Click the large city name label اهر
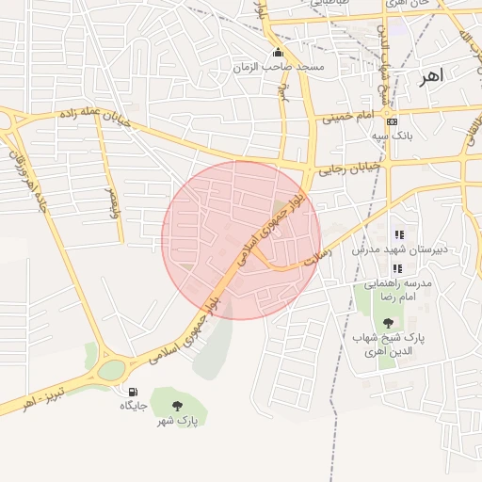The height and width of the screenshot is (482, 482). coord(431,73)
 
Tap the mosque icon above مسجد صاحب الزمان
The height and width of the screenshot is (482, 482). coord(278,52)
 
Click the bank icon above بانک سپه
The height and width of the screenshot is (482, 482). coord(392,121)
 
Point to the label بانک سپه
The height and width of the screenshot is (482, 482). coord(392,137)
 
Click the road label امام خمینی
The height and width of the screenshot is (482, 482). coord(348,118)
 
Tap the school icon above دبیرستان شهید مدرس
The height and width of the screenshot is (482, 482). coord(398,234)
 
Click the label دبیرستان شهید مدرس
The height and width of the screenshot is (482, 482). coord(391,249)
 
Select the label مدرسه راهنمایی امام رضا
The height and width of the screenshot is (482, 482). coord(403,289)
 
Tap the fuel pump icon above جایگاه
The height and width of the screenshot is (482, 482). coord(132,392)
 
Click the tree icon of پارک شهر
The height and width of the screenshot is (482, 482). coord(177,406)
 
